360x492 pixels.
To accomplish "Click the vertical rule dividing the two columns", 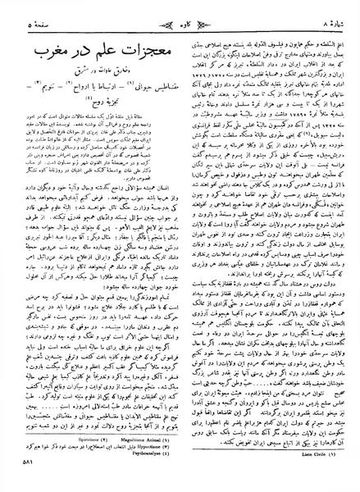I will click(x=180, y=246).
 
